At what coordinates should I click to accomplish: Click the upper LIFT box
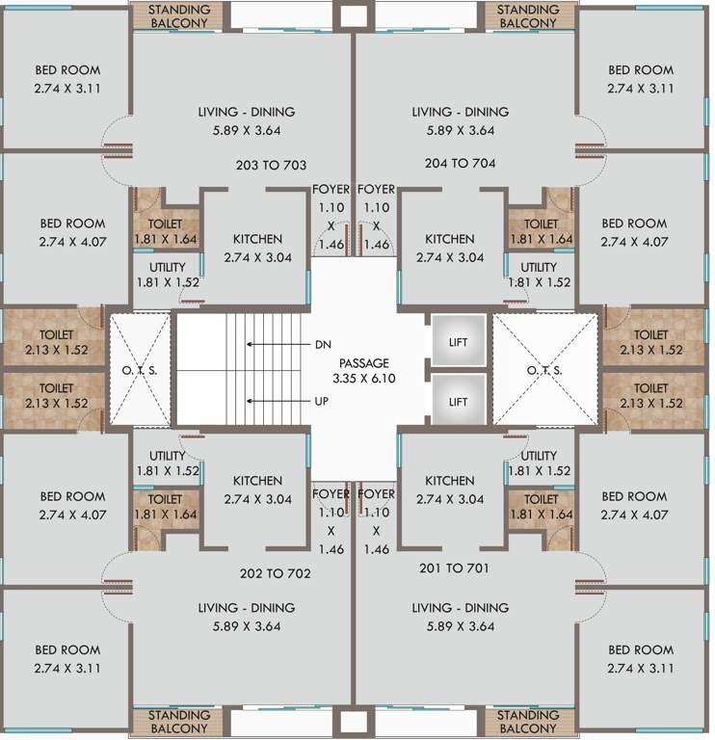(458, 342)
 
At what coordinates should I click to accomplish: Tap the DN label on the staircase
(323, 344)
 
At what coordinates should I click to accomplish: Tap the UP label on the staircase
(323, 400)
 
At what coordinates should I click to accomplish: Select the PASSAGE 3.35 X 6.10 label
(363, 371)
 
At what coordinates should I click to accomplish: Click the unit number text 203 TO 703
(272, 165)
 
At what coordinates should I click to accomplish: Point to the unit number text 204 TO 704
(460, 164)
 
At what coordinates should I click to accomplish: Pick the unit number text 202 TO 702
(276, 573)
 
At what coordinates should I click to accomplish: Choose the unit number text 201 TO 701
(454, 568)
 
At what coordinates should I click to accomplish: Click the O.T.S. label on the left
(140, 371)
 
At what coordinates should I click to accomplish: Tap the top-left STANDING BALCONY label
(178, 15)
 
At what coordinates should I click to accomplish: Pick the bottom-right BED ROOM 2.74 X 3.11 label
(640, 658)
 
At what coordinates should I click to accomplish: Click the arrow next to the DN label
(275, 344)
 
